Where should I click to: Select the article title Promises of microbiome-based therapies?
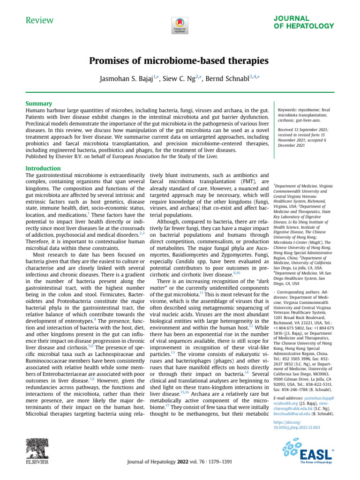point(180,61)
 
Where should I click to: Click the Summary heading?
point(39,103)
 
